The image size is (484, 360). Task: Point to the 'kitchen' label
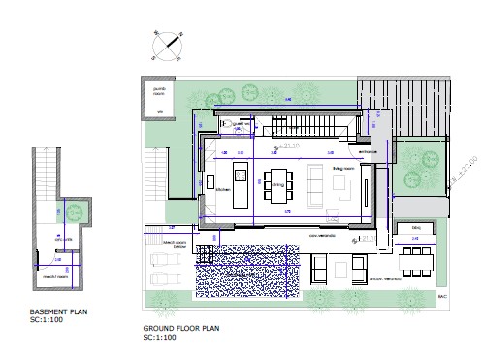click(x=220, y=189)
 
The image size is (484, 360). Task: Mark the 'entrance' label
click(x=366, y=152)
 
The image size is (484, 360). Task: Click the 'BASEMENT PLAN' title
click(x=51, y=311)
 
